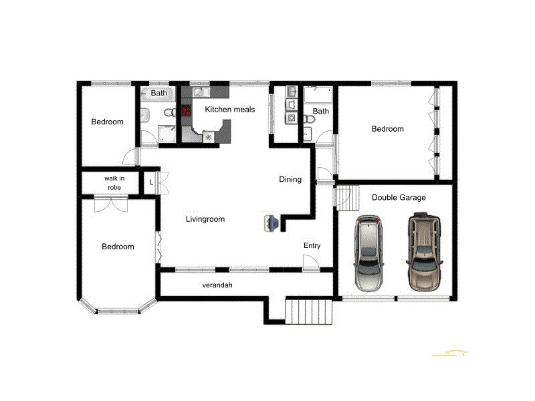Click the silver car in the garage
(x=369, y=253)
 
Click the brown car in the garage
(x=423, y=250)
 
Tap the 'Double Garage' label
(x=399, y=197)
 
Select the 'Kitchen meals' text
(x=229, y=110)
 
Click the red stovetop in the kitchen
(x=186, y=111)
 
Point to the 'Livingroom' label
(x=205, y=219)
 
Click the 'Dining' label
(x=290, y=179)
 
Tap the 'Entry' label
(x=312, y=245)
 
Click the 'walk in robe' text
(x=112, y=183)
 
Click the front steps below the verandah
(x=309, y=311)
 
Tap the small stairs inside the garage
(x=343, y=197)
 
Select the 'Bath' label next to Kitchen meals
(x=158, y=93)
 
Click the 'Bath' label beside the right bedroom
(x=321, y=112)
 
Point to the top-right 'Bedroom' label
(x=387, y=129)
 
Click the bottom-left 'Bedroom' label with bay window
(x=118, y=247)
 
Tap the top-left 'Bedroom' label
(x=108, y=122)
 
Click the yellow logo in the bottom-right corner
(x=449, y=352)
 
